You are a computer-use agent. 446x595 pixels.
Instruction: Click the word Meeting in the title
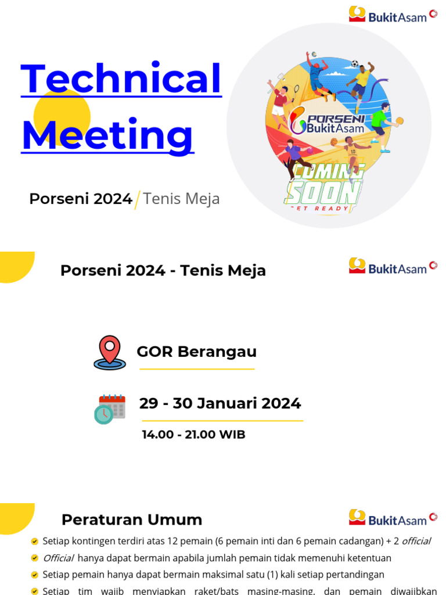107,135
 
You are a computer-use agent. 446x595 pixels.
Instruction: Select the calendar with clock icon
109,409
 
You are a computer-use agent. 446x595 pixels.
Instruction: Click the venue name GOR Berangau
196,352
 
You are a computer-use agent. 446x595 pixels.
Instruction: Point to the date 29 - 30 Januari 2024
220,403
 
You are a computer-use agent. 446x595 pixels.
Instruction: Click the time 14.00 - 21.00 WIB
193,435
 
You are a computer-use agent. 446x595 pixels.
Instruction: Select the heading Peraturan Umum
132,519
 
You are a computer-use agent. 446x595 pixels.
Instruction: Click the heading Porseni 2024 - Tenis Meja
163,270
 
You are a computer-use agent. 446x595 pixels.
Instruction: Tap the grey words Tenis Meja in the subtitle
181,199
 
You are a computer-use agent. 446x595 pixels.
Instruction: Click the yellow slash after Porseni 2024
138,199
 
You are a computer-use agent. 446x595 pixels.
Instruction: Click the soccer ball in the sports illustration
354,63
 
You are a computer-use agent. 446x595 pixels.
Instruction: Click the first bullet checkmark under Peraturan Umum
35,542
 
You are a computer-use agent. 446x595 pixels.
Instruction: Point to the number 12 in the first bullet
172,542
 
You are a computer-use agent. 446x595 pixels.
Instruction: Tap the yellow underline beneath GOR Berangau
196,369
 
